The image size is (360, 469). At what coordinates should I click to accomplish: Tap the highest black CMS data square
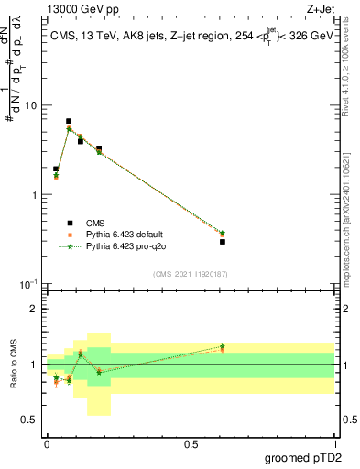(69, 121)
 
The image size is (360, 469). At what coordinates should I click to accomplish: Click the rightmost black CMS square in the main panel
(223, 241)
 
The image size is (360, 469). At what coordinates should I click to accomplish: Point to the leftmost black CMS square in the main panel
(56, 169)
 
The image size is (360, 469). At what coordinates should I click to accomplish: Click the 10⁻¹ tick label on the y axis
(27, 285)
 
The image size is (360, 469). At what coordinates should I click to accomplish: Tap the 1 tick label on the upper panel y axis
(35, 195)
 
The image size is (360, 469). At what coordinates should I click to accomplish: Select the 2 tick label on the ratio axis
(35, 310)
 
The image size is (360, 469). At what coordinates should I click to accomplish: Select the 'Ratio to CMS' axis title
(14, 364)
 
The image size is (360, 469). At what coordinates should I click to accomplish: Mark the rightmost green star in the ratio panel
(223, 346)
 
